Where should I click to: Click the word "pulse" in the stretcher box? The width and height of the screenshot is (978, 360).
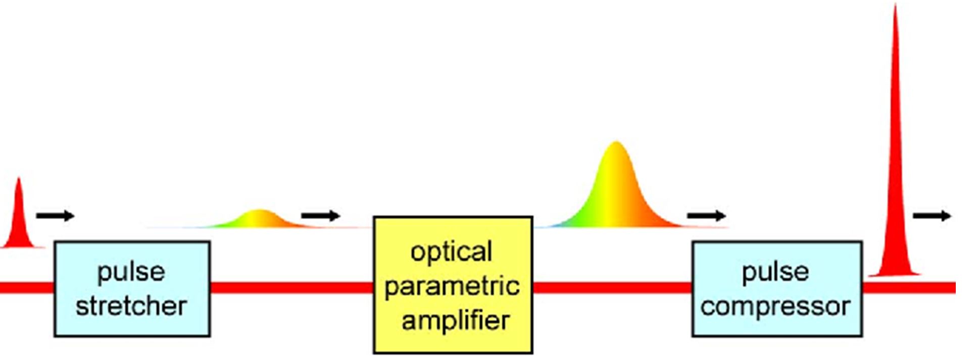[x=131, y=273]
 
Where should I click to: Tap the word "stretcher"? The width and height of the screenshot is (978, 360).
[x=131, y=306]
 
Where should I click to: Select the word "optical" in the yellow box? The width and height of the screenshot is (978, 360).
[x=451, y=252]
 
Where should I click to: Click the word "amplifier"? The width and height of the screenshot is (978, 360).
[x=456, y=321]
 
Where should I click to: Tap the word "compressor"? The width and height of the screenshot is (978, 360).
[x=775, y=306]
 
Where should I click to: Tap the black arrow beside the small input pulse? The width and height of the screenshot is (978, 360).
[x=56, y=216]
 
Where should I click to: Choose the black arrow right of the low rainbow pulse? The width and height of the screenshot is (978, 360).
[x=321, y=216]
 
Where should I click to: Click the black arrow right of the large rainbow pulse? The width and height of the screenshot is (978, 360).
[x=707, y=216]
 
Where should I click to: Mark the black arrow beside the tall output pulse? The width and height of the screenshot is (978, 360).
[x=932, y=216]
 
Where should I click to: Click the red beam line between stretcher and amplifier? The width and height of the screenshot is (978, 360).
[x=292, y=288]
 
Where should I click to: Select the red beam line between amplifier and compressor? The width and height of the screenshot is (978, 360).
[x=613, y=288]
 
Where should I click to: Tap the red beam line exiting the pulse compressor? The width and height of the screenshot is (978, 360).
[x=909, y=288]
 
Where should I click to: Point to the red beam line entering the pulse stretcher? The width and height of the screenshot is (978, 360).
[x=27, y=288]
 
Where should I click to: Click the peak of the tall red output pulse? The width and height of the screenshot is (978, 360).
[x=895, y=5]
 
